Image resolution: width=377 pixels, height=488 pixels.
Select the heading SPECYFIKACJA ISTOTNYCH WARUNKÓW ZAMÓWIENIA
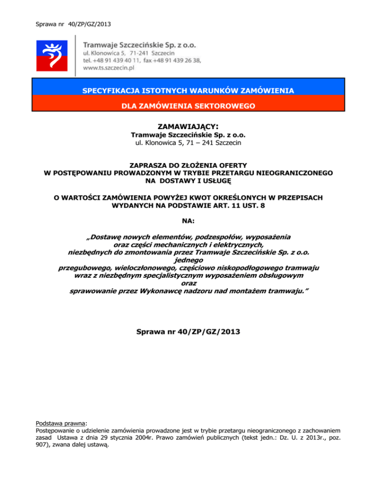click(x=188, y=91)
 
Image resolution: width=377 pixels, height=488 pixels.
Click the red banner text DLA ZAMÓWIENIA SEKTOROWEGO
click(x=188, y=105)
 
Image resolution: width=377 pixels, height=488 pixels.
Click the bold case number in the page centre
click(x=188, y=332)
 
